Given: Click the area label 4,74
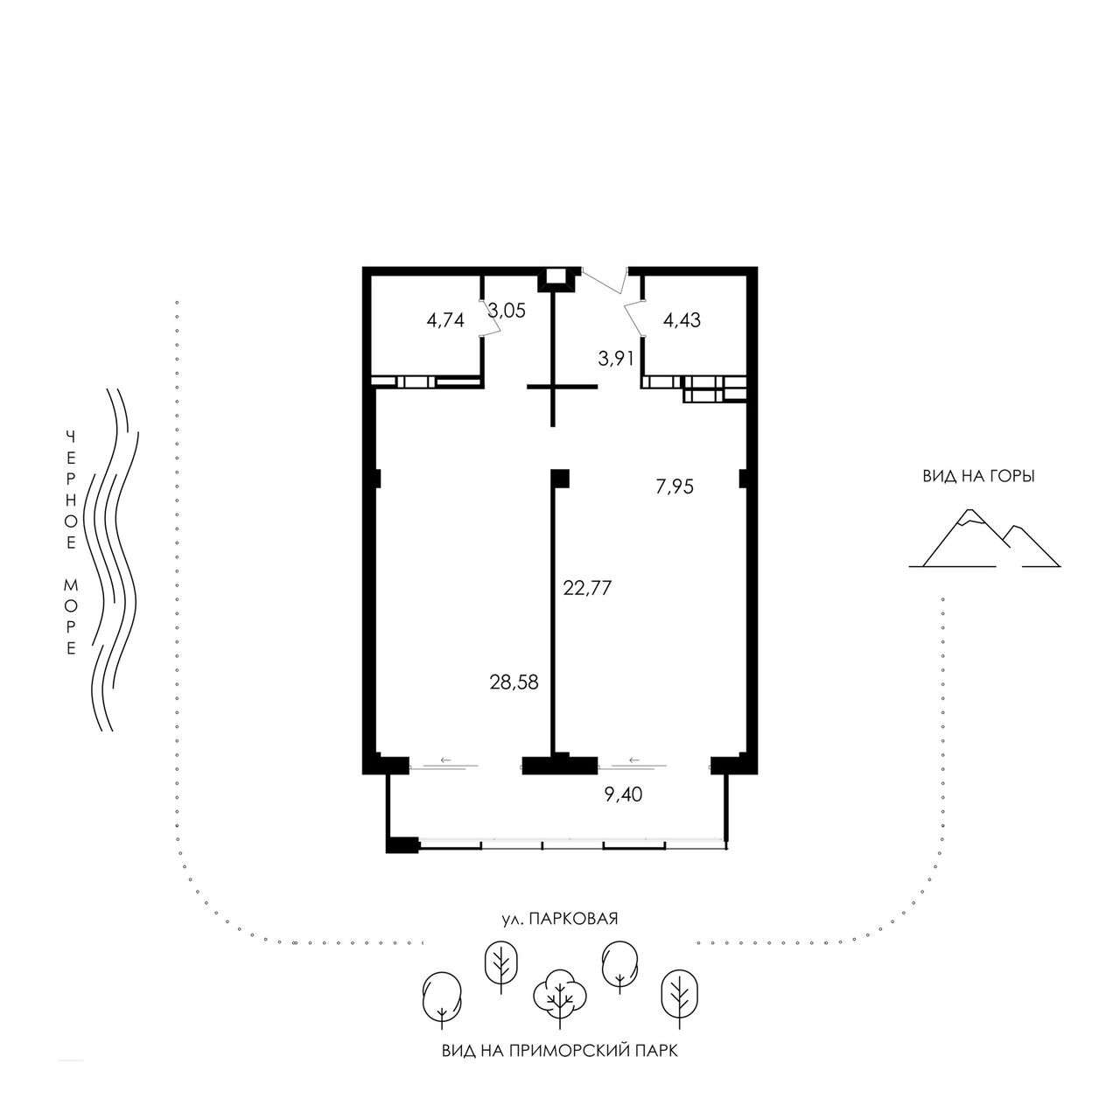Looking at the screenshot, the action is pos(445,320).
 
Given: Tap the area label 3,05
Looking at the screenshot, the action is pos(507,311).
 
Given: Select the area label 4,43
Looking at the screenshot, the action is pos(682,319).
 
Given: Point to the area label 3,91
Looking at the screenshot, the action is pos(615,360).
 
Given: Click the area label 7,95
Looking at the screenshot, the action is pos(675,486).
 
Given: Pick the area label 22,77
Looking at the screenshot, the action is pos(587,588).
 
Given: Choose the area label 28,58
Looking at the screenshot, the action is pos(514,682).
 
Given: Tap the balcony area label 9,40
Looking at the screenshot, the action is pos(623,794).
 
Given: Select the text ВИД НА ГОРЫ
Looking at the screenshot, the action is pos(979,477).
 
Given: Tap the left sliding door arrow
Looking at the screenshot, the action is pos(445,759).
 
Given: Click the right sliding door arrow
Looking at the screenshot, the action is pos(634,759).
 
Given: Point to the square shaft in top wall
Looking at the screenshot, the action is pos(557,275).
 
